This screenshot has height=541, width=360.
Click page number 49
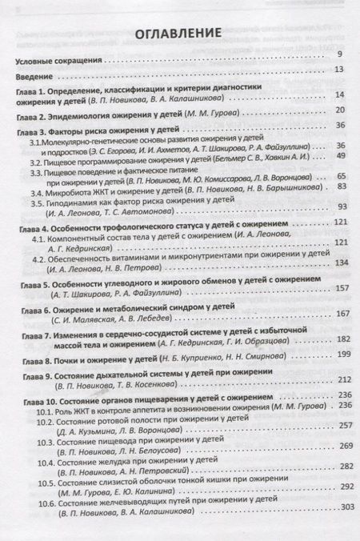(x=341, y=158)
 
